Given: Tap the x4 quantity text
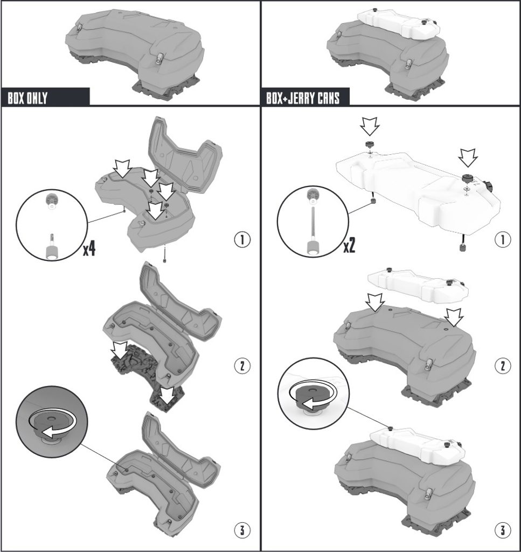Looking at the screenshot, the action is click(89, 249).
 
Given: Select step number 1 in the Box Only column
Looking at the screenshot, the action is click(242, 240).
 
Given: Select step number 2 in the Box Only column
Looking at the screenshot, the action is click(242, 366).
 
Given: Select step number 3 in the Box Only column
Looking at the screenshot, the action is click(242, 530).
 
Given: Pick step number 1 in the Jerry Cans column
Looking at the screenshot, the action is click(502, 240).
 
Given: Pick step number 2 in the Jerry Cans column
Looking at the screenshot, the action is click(502, 366).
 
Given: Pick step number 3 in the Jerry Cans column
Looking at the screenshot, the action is click(502, 530).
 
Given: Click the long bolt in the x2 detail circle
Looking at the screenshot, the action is click(312, 230).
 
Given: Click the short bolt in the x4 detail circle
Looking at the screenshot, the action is click(52, 247).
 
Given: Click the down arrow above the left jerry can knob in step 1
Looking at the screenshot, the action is click(370, 127).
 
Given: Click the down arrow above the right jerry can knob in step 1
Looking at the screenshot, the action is click(468, 157).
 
